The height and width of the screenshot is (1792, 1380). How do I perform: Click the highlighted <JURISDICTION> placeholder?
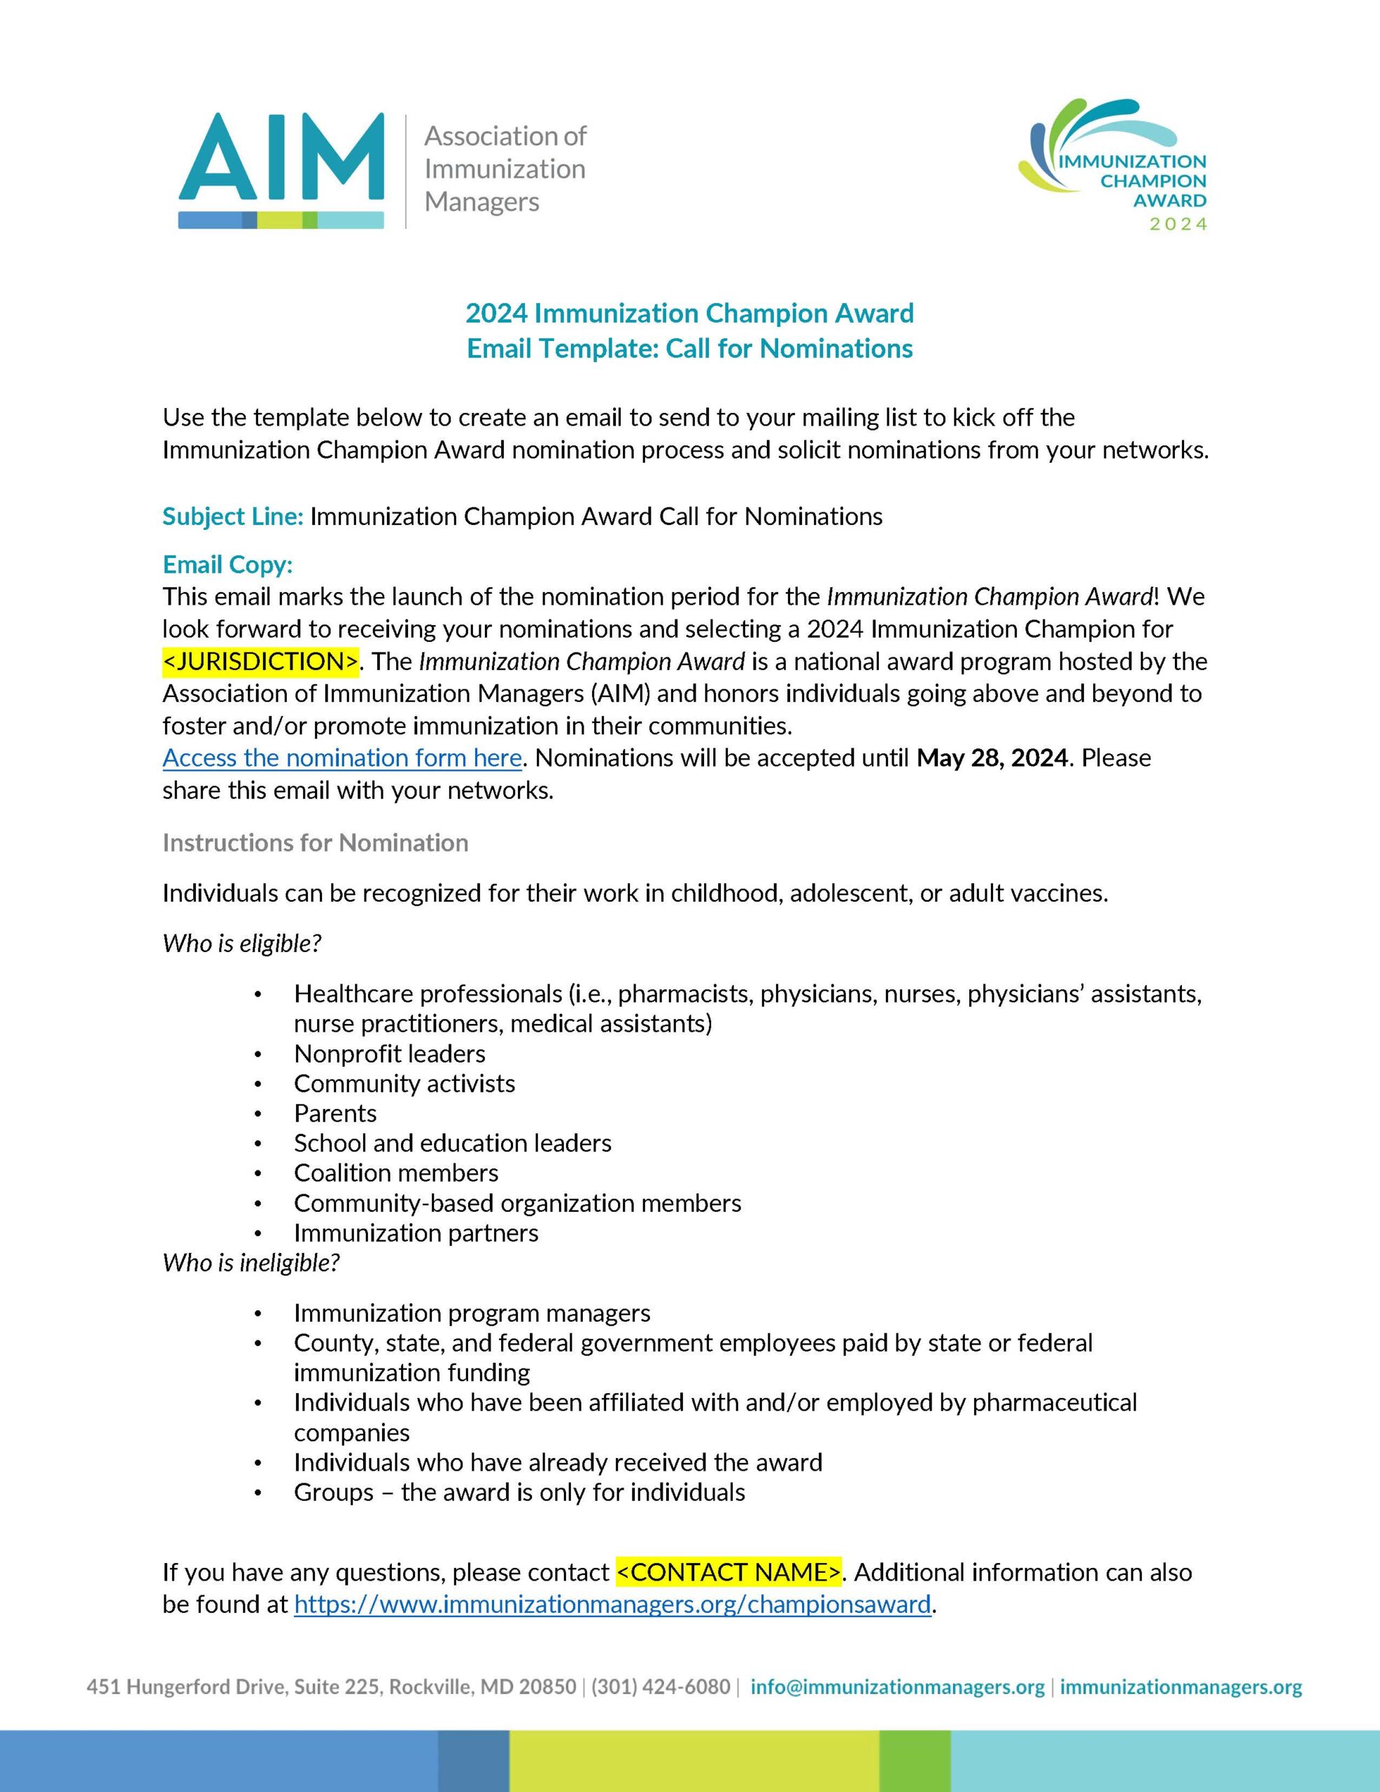click(x=261, y=661)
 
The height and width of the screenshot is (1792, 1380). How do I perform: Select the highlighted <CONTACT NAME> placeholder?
click(x=728, y=1571)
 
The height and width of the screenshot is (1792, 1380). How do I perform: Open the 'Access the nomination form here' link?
click(x=342, y=757)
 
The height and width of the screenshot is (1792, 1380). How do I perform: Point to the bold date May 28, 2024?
click(x=992, y=757)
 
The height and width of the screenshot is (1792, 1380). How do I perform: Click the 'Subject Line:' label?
click(x=233, y=516)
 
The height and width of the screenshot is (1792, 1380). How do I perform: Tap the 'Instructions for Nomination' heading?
click(x=315, y=843)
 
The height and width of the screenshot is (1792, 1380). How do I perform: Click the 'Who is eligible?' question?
click(x=241, y=943)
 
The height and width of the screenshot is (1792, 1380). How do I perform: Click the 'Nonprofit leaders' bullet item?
click(x=390, y=1053)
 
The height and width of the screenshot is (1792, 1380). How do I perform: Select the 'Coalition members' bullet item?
click(x=396, y=1172)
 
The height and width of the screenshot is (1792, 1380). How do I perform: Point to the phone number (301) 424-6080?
click(x=661, y=1686)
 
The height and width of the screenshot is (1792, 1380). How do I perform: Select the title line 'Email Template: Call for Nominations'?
click(x=689, y=349)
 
